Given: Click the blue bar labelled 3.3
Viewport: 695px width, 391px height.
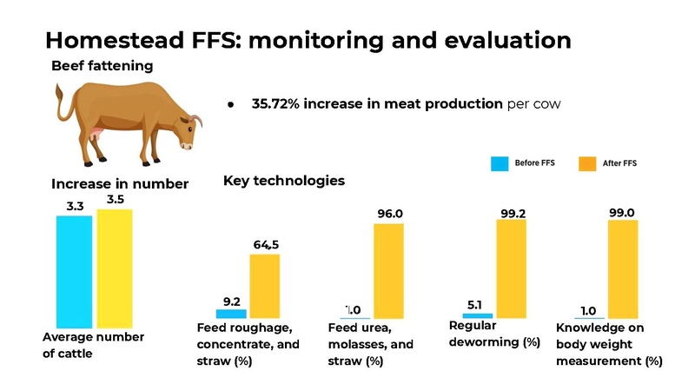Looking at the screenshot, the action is pyautogui.click(x=74, y=272).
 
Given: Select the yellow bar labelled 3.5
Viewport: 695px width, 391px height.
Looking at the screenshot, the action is pyautogui.click(x=115, y=268).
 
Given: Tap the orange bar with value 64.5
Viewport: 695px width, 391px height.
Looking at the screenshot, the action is pyautogui.click(x=265, y=286).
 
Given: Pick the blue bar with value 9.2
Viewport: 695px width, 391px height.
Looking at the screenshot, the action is pyautogui.click(x=231, y=314).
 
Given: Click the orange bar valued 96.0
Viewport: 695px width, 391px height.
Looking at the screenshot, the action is pyautogui.click(x=388, y=271).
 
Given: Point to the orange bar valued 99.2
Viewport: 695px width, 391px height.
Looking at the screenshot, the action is pyautogui.click(x=511, y=269).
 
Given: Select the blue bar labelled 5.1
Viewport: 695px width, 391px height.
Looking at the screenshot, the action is pyautogui.click(x=477, y=315).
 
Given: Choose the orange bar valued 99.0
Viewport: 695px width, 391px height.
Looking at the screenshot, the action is pyautogui.click(x=623, y=269).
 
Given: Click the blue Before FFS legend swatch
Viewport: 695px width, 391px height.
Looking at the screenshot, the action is pyautogui.click(x=500, y=163).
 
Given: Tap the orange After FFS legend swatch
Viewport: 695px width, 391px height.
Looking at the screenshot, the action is pyautogui.click(x=587, y=163).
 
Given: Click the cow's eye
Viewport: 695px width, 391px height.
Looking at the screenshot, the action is pyautogui.click(x=190, y=129).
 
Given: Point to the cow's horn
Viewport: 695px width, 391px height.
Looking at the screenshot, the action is pyautogui.click(x=196, y=120).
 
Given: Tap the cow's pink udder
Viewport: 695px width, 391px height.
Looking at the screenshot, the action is pyautogui.click(x=96, y=134).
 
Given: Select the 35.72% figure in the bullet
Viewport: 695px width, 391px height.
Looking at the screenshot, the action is pyautogui.click(x=275, y=103).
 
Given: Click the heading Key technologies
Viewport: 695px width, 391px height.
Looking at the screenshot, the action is pyautogui.click(x=284, y=181).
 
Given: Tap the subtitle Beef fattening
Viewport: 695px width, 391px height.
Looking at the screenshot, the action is pyautogui.click(x=102, y=66).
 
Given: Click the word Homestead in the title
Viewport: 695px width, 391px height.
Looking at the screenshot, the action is pyautogui.click(x=115, y=40).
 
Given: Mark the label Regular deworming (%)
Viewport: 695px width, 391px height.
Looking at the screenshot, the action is pyautogui.click(x=494, y=334).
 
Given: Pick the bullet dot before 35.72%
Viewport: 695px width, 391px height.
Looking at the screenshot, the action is pyautogui.click(x=230, y=105).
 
